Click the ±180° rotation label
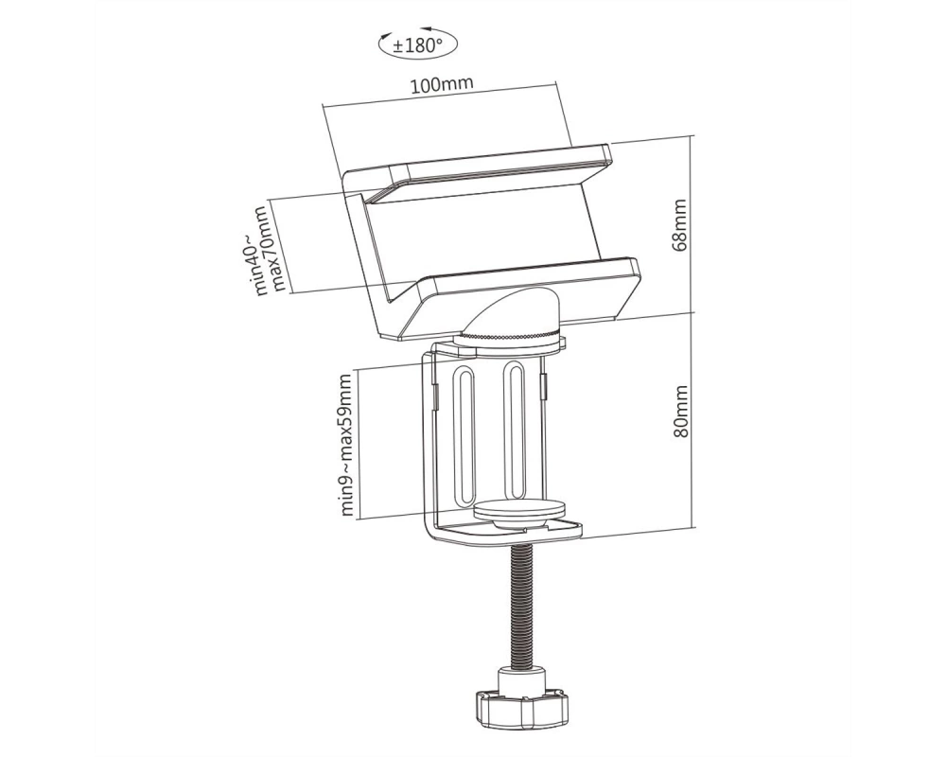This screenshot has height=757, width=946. pyautogui.click(x=417, y=45)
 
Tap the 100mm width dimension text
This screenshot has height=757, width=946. pyautogui.click(x=442, y=84)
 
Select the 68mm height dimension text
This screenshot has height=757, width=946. pyautogui.click(x=679, y=224)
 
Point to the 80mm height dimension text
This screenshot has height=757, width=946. pyautogui.click(x=679, y=412)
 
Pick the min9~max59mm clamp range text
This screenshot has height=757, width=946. pyautogui.click(x=345, y=445)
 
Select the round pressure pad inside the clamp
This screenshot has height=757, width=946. pyautogui.click(x=520, y=511)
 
